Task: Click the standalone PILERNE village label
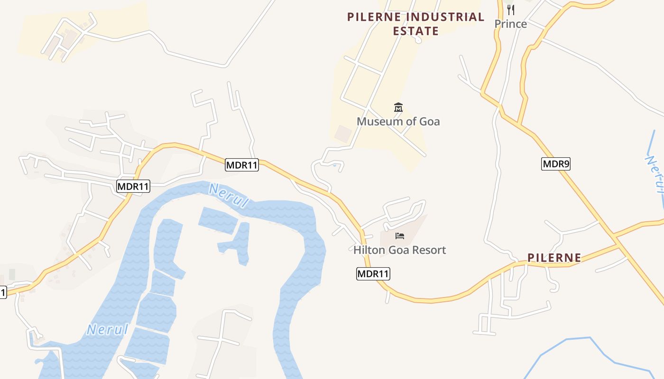(554, 258)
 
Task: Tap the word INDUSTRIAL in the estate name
(446, 18)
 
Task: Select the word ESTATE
(415, 31)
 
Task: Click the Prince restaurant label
(510, 24)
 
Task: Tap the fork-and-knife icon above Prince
(510, 9)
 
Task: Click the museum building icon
(398, 108)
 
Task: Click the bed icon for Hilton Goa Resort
(399, 235)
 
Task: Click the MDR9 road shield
(555, 164)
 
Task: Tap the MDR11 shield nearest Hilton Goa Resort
(373, 273)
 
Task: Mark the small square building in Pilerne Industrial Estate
(342, 133)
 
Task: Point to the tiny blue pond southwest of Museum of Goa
(335, 165)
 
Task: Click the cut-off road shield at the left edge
(2, 292)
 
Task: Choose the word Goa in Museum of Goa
(429, 121)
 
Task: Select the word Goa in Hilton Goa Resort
(399, 250)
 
